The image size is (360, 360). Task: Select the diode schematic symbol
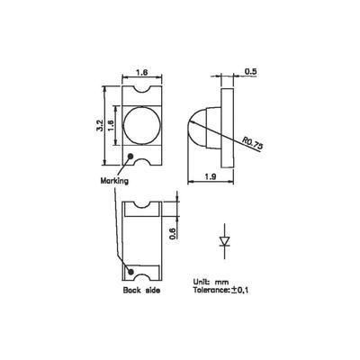point(225,240)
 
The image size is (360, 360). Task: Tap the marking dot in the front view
point(132,159)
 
